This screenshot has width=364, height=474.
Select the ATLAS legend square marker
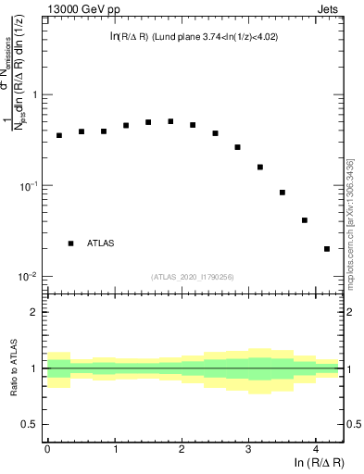(70, 243)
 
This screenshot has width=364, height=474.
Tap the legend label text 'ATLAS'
(101, 243)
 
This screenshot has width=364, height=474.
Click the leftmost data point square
(59, 135)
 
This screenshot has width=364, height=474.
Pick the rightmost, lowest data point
(327, 248)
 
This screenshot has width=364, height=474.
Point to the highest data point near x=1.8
(170, 121)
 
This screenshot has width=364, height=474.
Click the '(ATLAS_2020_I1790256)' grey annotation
(193, 277)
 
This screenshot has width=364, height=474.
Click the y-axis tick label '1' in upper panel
(34, 95)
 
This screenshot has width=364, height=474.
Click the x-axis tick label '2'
(182, 449)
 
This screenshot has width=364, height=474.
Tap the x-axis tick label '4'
(316, 449)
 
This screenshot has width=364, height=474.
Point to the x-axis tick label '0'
(47, 449)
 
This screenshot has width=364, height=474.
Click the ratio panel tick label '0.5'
(30, 424)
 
